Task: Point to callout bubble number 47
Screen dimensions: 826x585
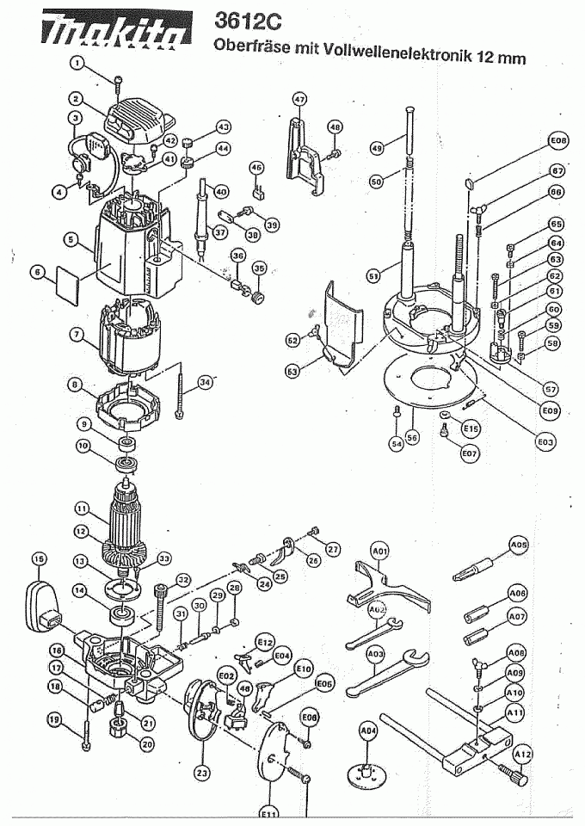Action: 299,100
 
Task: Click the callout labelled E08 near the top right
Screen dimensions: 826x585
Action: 558,140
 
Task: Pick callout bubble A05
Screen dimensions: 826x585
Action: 519,545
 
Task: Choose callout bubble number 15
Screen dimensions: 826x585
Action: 39,560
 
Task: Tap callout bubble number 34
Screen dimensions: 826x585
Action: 204,382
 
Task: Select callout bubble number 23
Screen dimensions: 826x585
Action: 201,774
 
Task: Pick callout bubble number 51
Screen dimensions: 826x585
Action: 373,276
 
